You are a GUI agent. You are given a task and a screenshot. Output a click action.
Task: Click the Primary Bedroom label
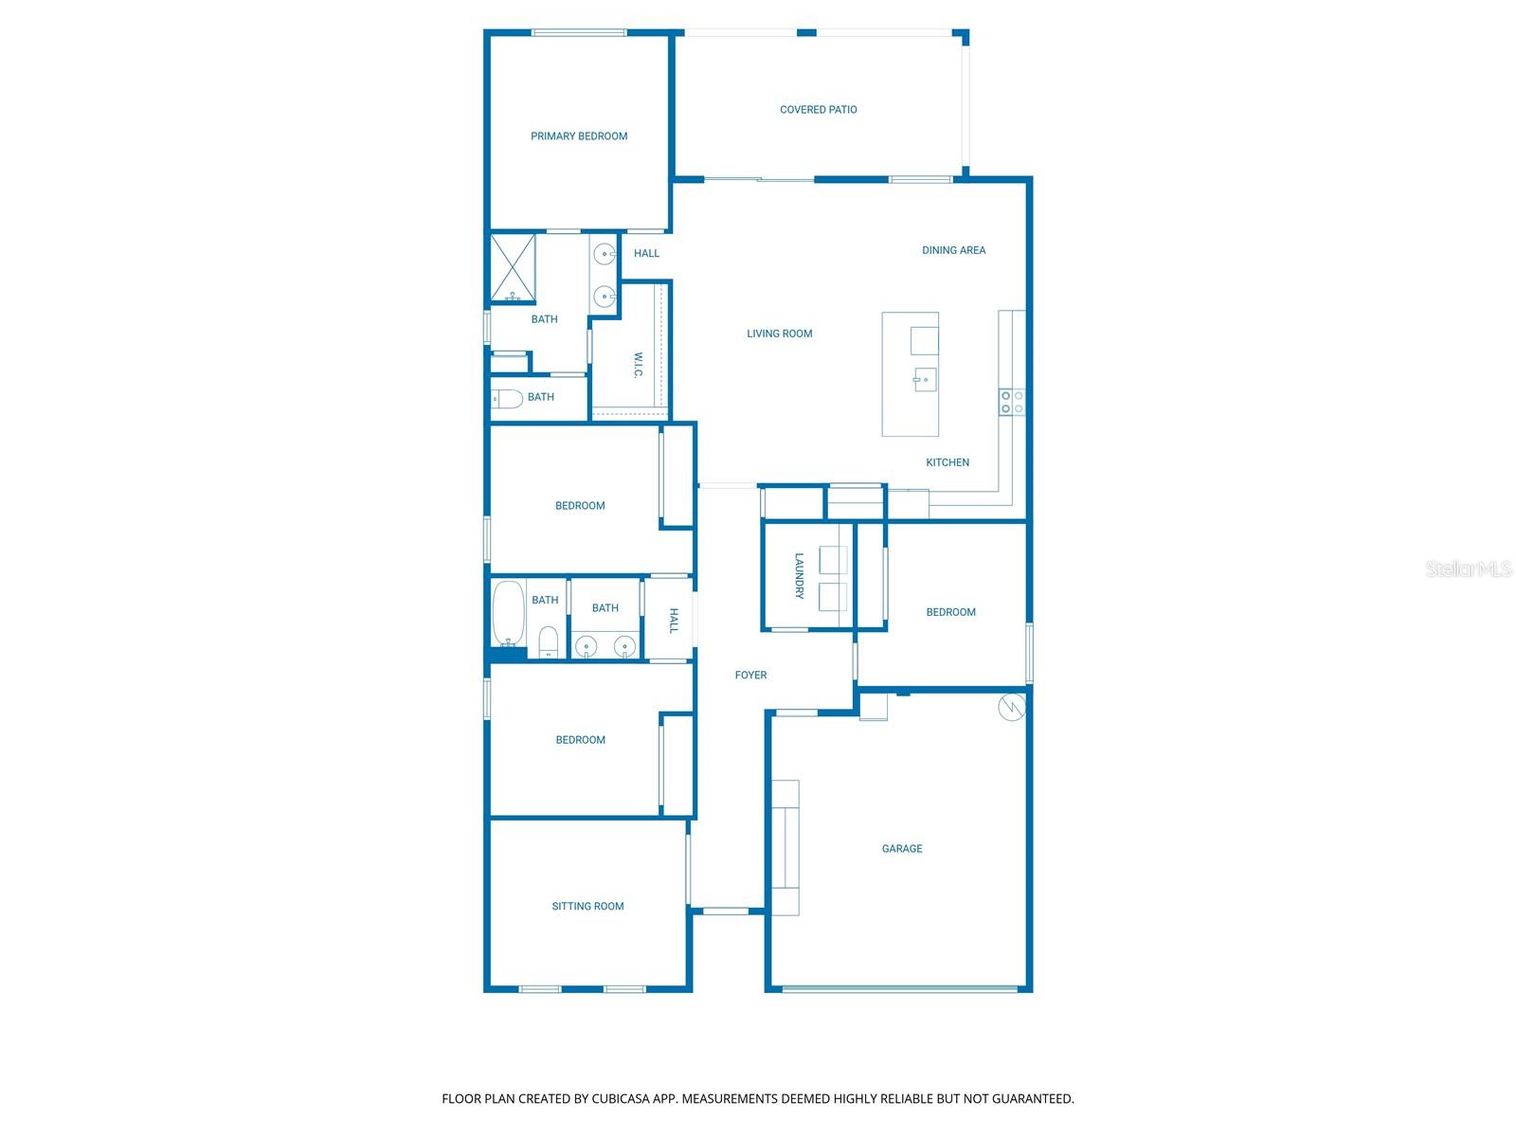579,136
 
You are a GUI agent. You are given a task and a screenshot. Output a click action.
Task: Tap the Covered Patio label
818,110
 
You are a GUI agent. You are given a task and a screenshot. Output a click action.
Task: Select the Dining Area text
953,250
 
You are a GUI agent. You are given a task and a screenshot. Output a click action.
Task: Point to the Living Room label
779,334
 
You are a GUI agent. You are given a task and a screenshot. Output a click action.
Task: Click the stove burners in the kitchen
1011,402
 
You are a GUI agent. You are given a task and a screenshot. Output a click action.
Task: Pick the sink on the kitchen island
925,379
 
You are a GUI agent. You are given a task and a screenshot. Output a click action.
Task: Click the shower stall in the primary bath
513,268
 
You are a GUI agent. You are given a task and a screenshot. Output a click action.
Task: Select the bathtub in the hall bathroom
509,612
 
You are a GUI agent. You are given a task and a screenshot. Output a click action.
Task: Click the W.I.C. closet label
638,366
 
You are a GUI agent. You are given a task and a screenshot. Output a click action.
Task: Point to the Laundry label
799,576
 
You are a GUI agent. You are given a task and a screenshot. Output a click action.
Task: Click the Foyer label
750,676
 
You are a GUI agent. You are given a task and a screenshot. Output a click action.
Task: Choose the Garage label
901,849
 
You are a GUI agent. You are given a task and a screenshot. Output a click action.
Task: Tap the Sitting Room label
587,907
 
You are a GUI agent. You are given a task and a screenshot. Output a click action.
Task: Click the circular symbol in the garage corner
1011,707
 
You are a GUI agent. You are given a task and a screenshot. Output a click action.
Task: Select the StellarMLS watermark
1468,569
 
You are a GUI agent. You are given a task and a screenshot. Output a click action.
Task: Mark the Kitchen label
947,462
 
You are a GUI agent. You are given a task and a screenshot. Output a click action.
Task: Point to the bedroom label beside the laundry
950,612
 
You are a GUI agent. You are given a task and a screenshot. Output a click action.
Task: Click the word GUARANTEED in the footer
1031,1099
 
